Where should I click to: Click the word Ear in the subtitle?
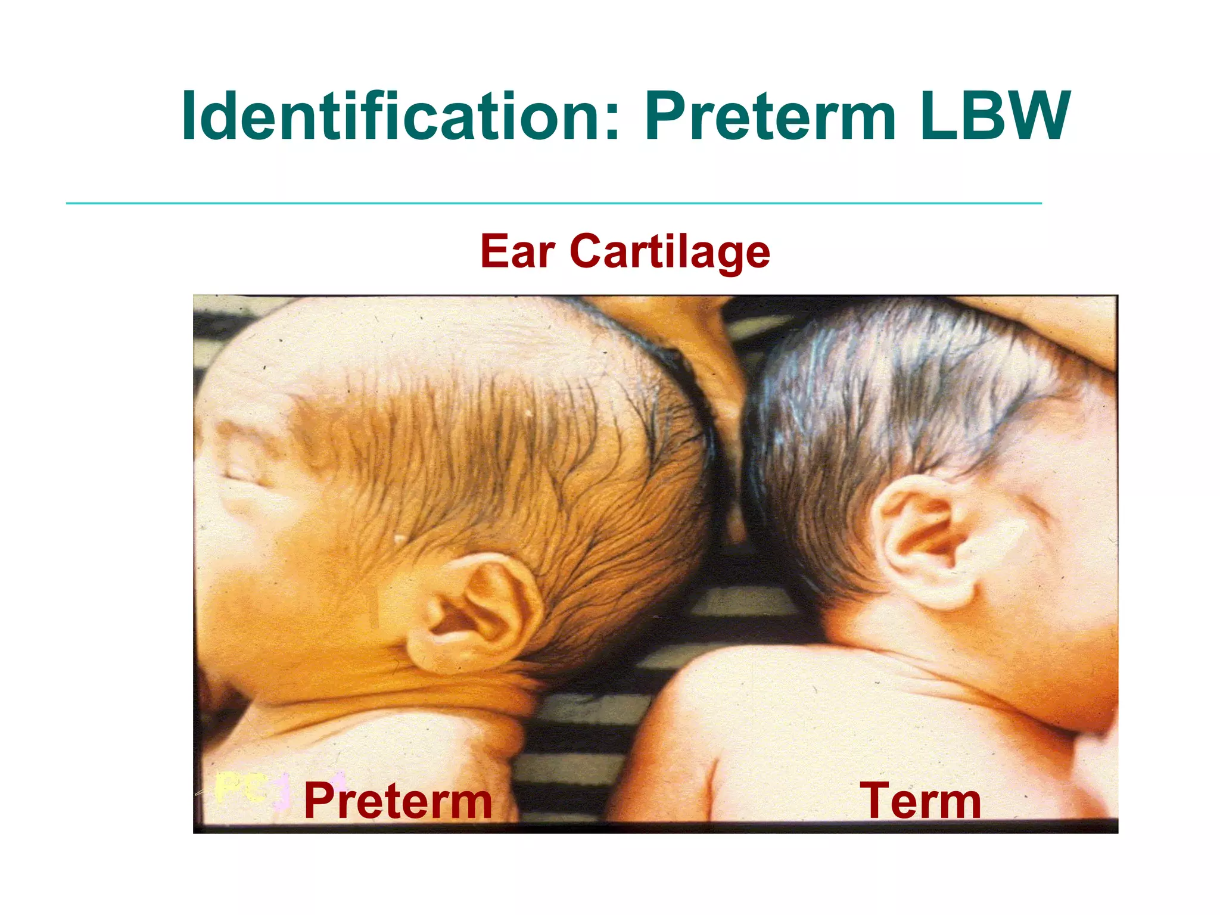(x=517, y=251)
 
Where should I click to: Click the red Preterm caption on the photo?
(x=398, y=801)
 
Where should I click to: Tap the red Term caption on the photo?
(x=920, y=801)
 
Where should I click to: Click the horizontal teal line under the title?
(x=554, y=203)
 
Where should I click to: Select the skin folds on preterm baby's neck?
(x=417, y=694)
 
